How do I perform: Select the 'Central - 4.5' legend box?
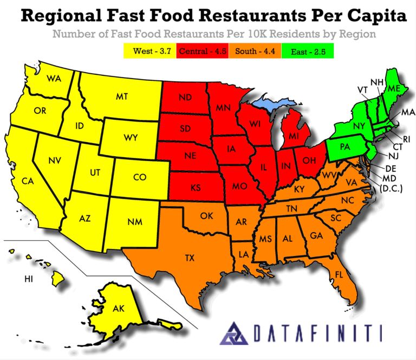[x=203, y=51]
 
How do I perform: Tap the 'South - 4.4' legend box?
[x=255, y=51]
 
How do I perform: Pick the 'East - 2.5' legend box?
[x=308, y=51]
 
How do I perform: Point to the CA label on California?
[x=27, y=181]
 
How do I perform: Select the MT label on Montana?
[x=122, y=97]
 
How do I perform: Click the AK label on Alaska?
[x=119, y=308]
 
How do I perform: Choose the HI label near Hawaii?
[x=28, y=279]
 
